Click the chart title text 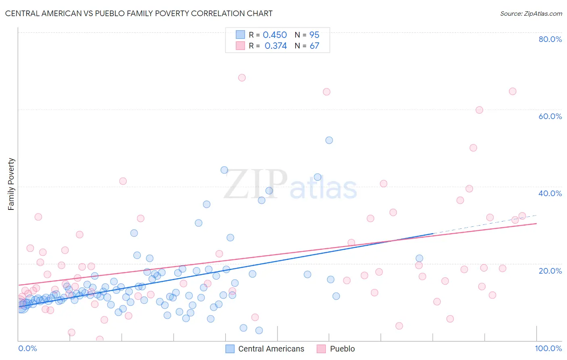(x=139, y=13)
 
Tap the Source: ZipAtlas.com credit (x=531, y=13)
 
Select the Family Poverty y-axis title (x=11, y=184)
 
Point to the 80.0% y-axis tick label (x=550, y=39)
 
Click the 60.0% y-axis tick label (x=550, y=116)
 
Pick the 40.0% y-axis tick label (x=550, y=193)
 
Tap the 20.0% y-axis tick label (x=550, y=270)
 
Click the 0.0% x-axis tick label (x=27, y=348)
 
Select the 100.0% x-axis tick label (x=548, y=348)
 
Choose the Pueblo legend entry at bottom (x=342, y=349)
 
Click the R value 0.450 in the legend (x=275, y=35)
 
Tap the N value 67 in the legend (x=314, y=46)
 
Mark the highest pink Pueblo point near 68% (x=242, y=77)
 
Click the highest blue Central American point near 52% (x=329, y=140)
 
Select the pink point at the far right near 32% (x=522, y=216)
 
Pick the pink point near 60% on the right (x=479, y=110)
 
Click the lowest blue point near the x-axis (x=259, y=330)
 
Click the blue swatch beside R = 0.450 (x=240, y=35)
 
